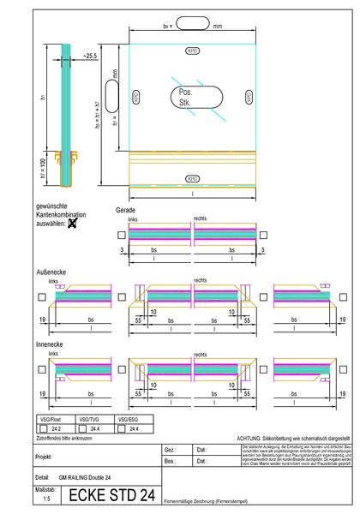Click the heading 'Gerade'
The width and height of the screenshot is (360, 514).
[125, 210]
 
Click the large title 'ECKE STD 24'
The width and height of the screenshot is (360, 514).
[111, 495]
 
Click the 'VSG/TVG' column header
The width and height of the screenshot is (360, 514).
[88, 420]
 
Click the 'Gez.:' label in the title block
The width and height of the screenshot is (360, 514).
[170, 449]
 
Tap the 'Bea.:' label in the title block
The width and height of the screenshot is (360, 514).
[170, 461]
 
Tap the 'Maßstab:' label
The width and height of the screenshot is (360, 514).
[46, 488]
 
